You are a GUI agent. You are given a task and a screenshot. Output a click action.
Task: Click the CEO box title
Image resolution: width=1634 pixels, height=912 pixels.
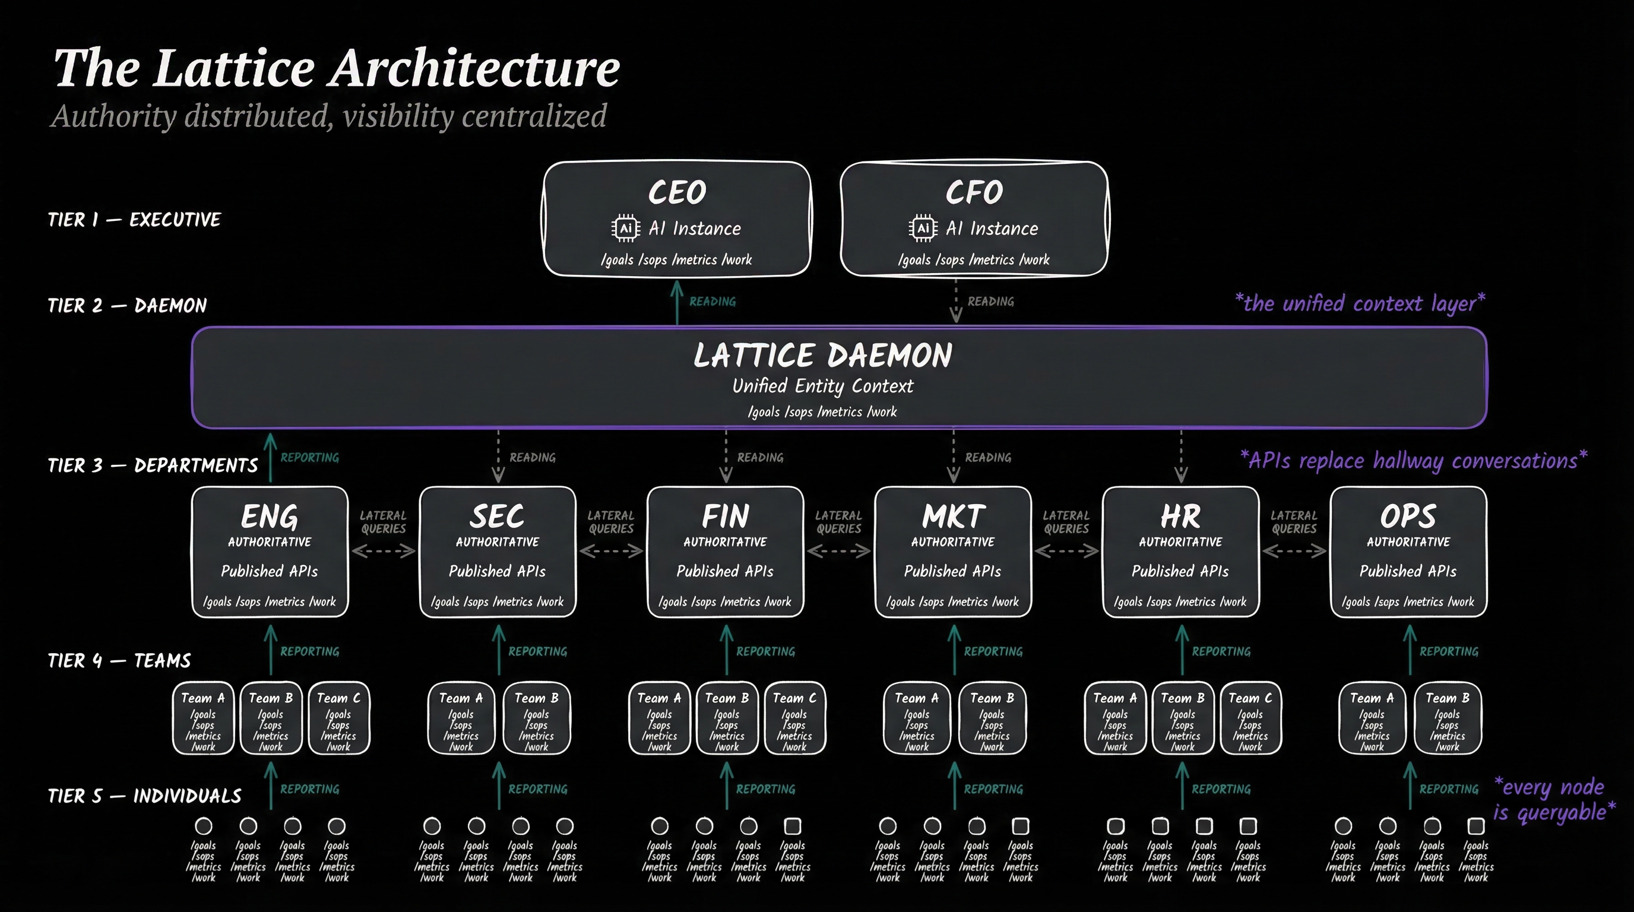(677, 192)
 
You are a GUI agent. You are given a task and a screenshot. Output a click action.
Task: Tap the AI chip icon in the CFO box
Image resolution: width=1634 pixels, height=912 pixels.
(923, 229)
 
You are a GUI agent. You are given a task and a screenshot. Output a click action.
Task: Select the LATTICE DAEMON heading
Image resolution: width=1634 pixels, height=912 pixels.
(823, 355)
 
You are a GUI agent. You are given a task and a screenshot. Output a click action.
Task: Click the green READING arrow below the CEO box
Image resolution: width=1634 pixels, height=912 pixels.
(677, 303)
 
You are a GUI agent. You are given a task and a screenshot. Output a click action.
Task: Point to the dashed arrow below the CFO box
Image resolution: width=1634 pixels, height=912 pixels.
(956, 303)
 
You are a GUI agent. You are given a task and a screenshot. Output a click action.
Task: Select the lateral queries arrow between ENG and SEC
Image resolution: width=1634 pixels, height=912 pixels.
(384, 551)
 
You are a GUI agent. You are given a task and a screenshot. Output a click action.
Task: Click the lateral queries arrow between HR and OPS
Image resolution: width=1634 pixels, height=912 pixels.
(1294, 551)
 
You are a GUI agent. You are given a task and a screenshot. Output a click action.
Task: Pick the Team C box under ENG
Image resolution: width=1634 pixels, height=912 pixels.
(338, 718)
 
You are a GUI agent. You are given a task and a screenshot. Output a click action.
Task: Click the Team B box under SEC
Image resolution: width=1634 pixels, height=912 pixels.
(537, 718)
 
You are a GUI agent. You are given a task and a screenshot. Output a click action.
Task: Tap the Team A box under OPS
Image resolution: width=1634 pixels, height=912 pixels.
(1372, 718)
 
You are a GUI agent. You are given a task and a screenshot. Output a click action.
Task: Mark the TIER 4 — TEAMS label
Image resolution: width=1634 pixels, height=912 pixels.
(119, 661)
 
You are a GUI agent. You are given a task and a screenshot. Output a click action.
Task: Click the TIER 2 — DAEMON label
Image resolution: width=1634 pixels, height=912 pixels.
(128, 306)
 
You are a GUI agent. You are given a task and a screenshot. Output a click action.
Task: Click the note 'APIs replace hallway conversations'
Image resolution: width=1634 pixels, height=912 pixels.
(1413, 460)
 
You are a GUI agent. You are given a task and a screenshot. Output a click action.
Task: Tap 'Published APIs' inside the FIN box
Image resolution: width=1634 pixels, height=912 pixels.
(725, 571)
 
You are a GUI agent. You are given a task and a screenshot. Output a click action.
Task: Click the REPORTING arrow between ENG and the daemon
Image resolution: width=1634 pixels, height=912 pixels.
(271, 458)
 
